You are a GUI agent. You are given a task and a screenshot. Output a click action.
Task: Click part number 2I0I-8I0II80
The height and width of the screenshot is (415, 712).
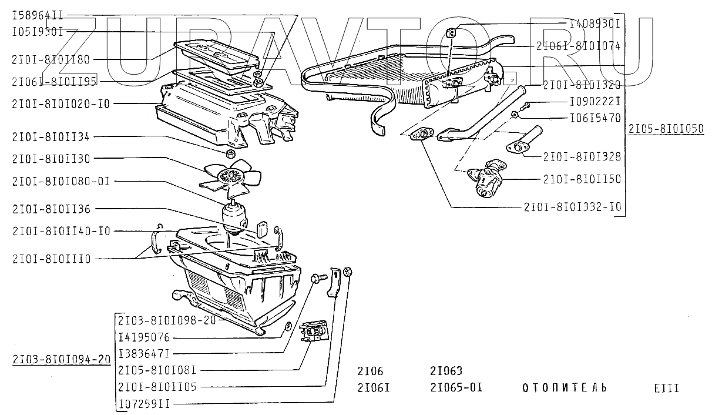[x=51, y=59]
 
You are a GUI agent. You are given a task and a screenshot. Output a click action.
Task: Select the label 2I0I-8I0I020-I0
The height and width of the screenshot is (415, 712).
[x=61, y=103]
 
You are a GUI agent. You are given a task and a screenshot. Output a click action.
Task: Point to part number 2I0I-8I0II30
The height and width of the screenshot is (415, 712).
[x=51, y=159]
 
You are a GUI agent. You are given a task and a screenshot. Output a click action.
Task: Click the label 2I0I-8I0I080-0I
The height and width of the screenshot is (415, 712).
[x=61, y=181]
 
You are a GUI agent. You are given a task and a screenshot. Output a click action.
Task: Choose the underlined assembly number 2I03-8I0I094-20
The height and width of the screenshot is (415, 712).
[x=61, y=360]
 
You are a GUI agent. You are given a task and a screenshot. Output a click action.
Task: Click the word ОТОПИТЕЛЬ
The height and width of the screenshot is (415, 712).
[x=564, y=388]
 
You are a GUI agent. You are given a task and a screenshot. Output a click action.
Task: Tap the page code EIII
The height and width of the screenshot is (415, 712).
[x=667, y=388]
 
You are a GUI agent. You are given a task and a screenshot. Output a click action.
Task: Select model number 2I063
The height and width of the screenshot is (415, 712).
[x=446, y=371]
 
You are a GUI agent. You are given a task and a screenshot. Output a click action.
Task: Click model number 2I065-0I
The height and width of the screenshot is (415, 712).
[x=456, y=388]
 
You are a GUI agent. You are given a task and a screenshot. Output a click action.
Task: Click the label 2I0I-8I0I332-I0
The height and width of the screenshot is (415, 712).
[x=572, y=207]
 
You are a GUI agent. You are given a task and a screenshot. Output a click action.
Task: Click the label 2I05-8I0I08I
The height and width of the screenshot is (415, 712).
[x=157, y=370]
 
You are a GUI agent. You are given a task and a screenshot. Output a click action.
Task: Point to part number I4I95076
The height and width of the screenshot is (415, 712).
[x=144, y=337]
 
